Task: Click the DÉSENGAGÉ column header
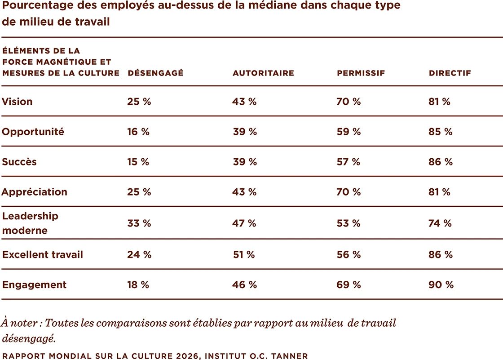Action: (x=155, y=73)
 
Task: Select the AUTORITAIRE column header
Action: (x=263, y=73)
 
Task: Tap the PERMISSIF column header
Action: (x=361, y=73)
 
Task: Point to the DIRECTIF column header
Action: (x=450, y=73)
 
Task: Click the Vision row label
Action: (x=17, y=102)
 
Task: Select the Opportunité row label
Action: (x=33, y=132)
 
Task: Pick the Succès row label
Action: (x=19, y=162)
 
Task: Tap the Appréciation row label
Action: (x=35, y=192)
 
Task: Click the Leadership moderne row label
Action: (x=30, y=223)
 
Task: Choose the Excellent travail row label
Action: (x=43, y=255)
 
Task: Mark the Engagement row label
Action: (x=34, y=285)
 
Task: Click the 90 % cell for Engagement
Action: (x=441, y=285)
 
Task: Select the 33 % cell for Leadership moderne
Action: (x=139, y=223)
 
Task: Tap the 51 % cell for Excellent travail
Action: (x=244, y=255)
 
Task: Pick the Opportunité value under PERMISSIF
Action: (x=349, y=132)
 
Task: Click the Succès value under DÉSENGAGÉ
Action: (x=138, y=162)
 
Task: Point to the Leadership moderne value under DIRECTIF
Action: (x=440, y=223)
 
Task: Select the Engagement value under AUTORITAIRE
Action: (x=245, y=285)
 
